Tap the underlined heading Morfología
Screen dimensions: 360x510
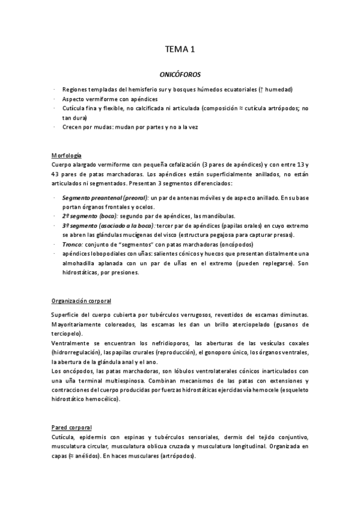point(66,155)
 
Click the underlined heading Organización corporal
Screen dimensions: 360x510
point(82,300)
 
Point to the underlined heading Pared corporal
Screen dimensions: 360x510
point(72,427)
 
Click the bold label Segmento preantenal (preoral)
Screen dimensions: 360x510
point(105,198)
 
